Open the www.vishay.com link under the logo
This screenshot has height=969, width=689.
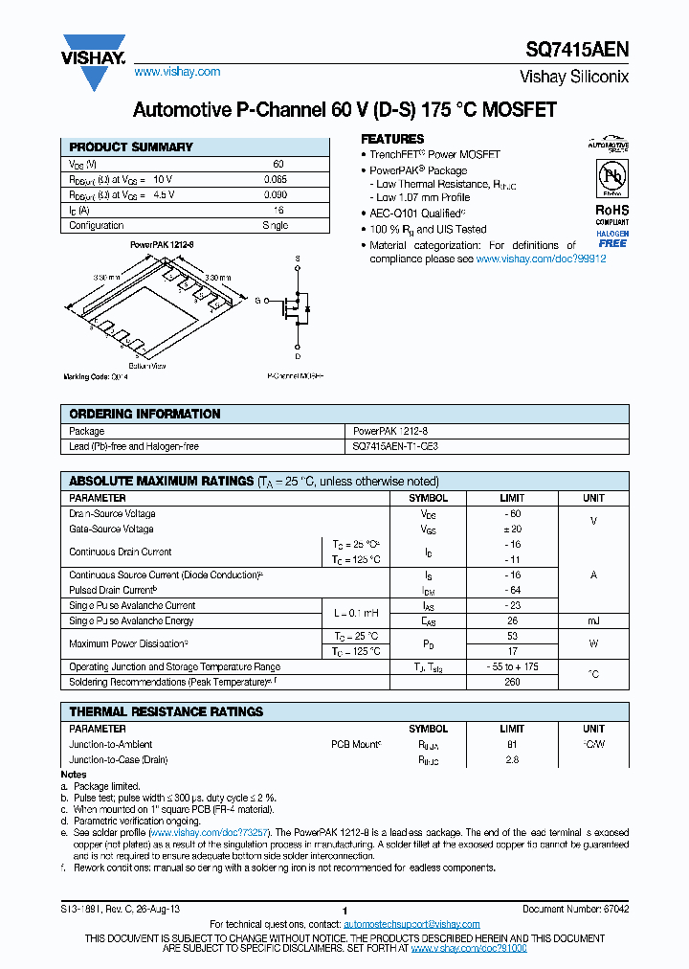[177, 72]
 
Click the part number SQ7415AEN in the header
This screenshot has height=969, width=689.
[577, 53]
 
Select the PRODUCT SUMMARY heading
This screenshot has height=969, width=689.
[131, 147]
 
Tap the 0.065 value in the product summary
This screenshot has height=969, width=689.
[275, 179]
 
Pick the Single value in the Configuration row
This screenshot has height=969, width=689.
[275, 226]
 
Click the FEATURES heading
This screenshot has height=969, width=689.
[392, 139]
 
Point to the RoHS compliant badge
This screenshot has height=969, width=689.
[611, 214]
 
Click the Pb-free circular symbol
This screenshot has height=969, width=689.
[611, 179]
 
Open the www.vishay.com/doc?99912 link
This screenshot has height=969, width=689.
[541, 259]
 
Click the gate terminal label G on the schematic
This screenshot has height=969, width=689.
[257, 301]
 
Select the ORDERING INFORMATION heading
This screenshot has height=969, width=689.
[144, 415]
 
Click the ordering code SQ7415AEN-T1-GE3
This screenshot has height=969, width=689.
[396, 447]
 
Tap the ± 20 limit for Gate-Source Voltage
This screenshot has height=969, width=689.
[512, 529]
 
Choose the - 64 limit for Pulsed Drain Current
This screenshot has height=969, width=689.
[512, 591]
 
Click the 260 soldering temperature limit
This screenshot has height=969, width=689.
[512, 683]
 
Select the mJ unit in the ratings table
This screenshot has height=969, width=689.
[593, 621]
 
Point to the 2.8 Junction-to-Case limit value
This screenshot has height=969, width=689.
[512, 759]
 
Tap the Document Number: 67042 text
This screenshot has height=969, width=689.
[575, 909]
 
